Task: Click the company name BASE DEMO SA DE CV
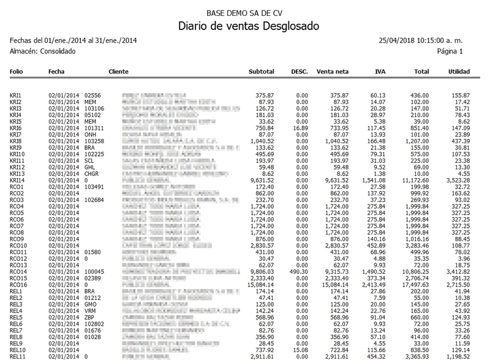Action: [244, 12]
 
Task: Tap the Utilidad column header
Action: [459, 72]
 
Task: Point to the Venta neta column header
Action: [333, 72]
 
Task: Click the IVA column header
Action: [380, 72]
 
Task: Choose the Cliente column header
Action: [118, 72]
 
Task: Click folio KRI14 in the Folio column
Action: [18, 181]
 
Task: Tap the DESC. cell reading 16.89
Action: [301, 129]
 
